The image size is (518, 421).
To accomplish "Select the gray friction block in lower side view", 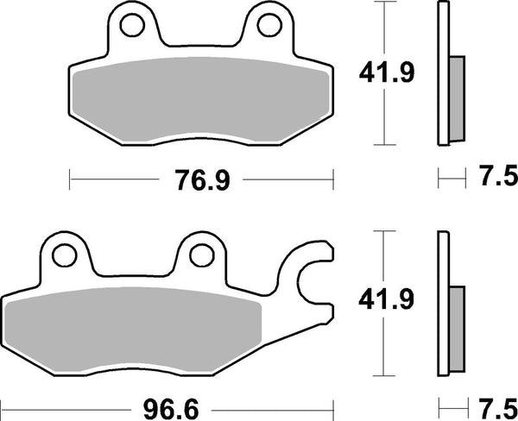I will click(457, 321).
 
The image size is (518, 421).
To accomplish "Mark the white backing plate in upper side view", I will click(443, 73).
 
